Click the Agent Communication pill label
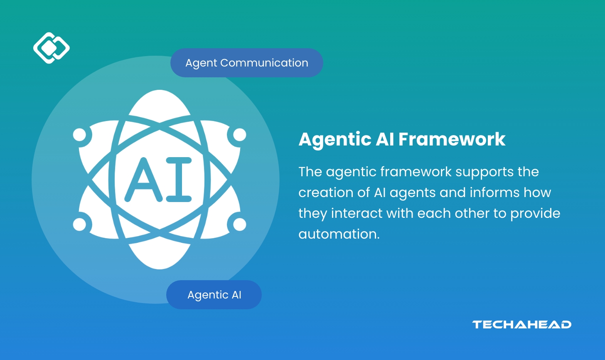(x=246, y=63)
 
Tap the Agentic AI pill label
(x=214, y=295)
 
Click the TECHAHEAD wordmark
(x=521, y=325)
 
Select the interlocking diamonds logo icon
(x=51, y=48)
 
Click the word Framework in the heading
(x=452, y=139)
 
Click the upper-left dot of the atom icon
(x=79, y=135)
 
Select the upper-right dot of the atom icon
(x=240, y=135)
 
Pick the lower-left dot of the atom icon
(x=79, y=224)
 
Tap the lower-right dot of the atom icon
(x=240, y=224)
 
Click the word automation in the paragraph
(x=339, y=234)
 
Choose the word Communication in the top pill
(x=264, y=63)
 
